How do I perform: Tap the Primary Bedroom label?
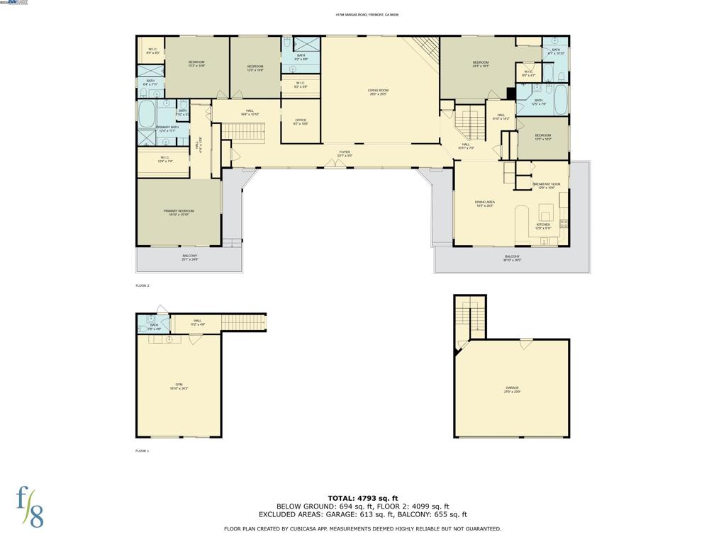tap(179, 211)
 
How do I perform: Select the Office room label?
tap(301, 120)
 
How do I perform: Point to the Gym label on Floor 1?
tap(179, 385)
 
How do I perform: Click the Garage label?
tap(512, 388)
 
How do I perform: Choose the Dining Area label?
tap(485, 203)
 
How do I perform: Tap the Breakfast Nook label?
tap(547, 184)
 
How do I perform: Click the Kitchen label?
tap(543, 225)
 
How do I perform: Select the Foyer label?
tap(345, 152)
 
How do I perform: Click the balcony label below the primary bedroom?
tap(189, 256)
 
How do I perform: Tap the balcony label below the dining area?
tap(512, 257)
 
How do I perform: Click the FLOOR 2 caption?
tap(143, 285)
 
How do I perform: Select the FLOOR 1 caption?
tap(143, 450)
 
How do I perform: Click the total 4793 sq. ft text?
tap(362, 498)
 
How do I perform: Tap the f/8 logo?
tap(30, 507)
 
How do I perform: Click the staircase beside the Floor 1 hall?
tap(244, 322)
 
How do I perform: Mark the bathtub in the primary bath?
tap(147, 113)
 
